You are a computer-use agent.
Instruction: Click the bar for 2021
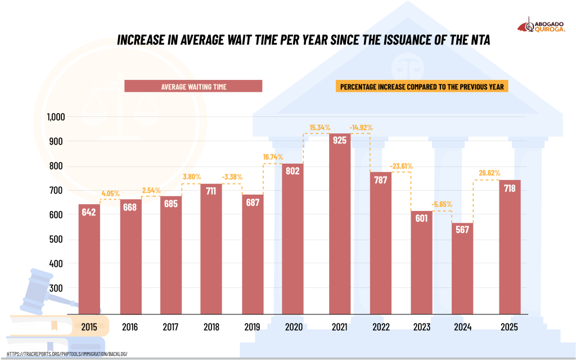pos(339,225)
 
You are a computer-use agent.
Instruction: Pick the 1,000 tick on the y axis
pos(56,117)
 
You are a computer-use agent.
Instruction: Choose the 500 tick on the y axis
pos(58,240)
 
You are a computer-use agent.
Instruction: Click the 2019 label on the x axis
pos(253,327)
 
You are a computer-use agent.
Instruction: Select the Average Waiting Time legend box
pos(193,86)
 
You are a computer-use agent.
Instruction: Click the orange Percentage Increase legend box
pos(422,86)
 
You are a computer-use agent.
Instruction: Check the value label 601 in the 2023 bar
pos(421,219)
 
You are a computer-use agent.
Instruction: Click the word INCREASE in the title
pos(145,40)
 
